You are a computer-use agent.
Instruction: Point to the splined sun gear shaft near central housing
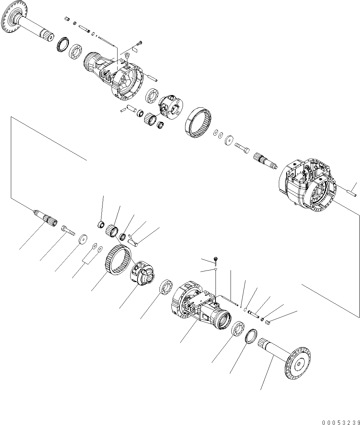pos(264,161)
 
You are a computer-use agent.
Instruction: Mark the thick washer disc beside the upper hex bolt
pos(230,139)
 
